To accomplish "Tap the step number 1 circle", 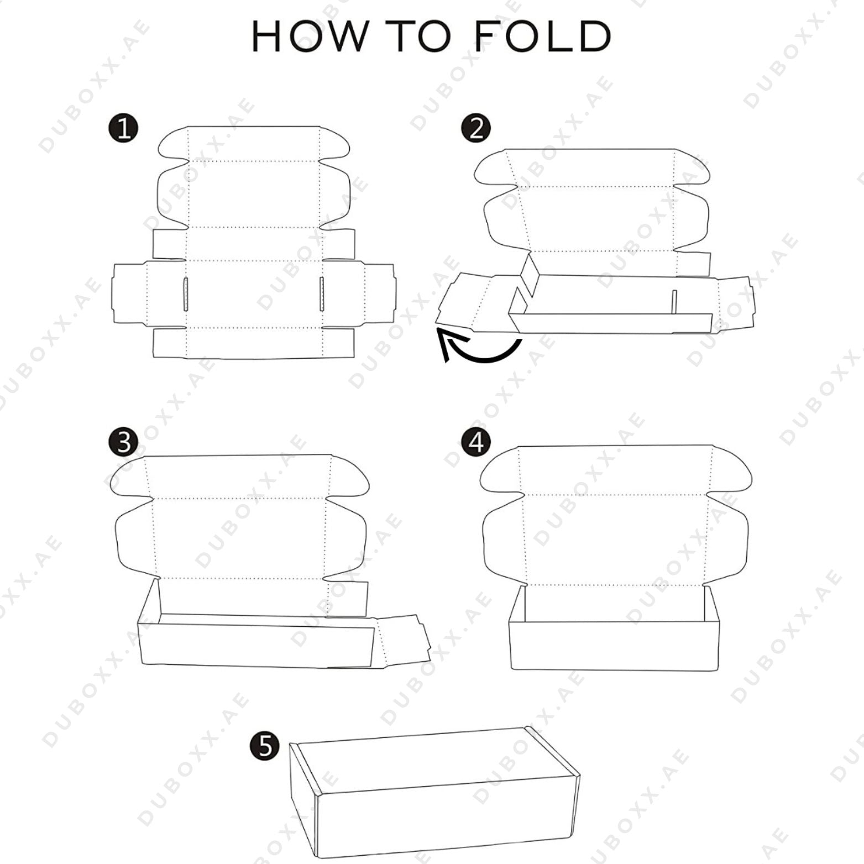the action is click(x=124, y=129).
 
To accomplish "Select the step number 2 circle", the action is click(x=476, y=128).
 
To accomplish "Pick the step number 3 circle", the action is click(x=124, y=443).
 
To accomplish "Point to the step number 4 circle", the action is click(x=476, y=442).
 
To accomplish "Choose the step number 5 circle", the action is click(x=266, y=746).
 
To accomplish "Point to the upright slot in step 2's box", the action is click(x=674, y=302).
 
